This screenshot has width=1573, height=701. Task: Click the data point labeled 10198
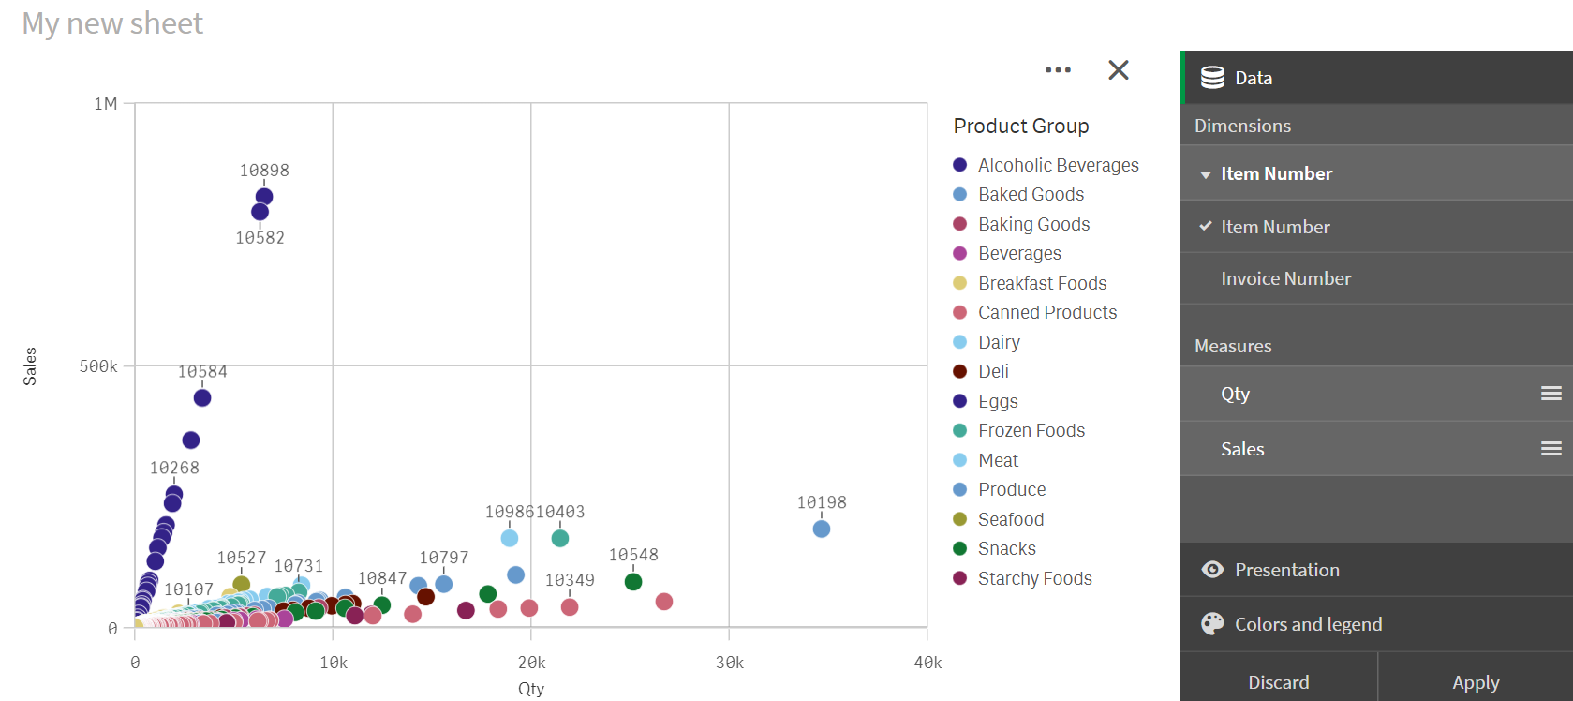coord(822,529)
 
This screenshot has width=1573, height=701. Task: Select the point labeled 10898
coord(264,197)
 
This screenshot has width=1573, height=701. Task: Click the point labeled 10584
coord(202,397)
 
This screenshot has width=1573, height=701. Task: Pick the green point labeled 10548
coord(633,581)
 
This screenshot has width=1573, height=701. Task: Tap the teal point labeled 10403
coord(560,538)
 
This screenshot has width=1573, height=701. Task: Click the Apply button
coord(1475,681)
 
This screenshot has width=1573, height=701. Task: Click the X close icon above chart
coord(1118,70)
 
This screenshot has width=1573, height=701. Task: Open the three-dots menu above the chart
coord(1058,70)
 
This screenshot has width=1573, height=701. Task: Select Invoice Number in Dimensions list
coord(1285,278)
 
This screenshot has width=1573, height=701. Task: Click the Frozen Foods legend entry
coord(1031,430)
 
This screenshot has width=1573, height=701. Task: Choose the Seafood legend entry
coord(1010,519)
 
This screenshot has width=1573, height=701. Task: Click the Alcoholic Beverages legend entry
coord(1058,165)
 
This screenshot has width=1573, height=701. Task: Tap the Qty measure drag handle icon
coord(1551,394)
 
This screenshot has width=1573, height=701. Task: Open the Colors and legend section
coord(1308,624)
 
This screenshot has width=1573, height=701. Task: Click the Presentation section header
coord(1286,570)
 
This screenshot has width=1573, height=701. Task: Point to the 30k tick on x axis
coord(729,663)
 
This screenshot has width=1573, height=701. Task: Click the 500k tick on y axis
coord(98,366)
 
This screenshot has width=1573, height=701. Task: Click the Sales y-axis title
coord(30,366)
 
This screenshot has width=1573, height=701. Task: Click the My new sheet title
coord(112,23)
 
